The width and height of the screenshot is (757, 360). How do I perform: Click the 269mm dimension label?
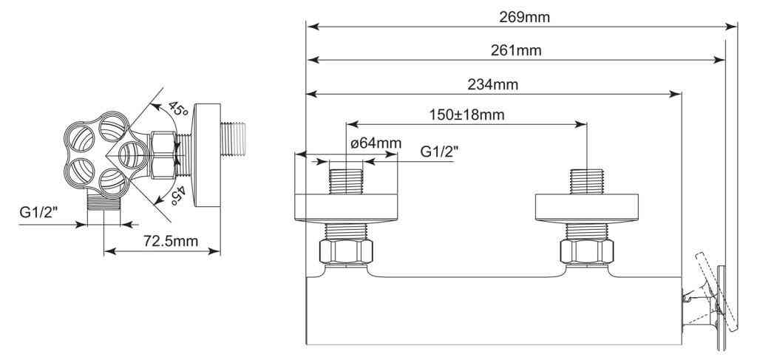click(524, 18)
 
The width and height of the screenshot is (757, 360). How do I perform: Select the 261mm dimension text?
click(516, 50)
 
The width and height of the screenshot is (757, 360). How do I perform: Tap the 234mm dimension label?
click(493, 85)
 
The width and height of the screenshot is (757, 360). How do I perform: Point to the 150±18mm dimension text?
click(467, 115)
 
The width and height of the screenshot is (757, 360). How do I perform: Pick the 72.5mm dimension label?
click(171, 241)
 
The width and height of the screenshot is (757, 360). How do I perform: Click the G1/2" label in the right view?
click(439, 152)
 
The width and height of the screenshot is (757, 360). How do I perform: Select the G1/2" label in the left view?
click(38, 212)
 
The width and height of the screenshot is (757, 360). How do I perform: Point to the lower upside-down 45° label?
click(177, 194)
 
